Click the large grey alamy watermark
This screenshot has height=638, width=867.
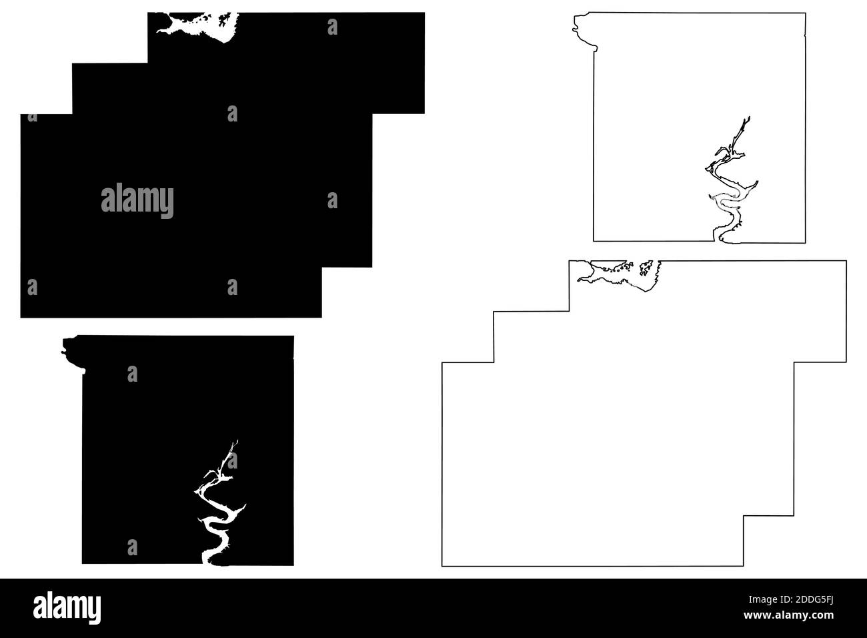tap(137, 200)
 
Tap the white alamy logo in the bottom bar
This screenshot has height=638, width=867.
tap(67, 607)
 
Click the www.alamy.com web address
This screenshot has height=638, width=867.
tap(788, 615)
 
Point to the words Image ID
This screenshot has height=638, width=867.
tap(768, 600)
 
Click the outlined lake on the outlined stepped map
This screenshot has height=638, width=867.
tap(620, 275)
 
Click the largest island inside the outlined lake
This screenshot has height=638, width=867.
tap(646, 268)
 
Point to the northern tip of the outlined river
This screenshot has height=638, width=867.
tap(750, 117)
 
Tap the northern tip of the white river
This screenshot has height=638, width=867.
tap(237, 441)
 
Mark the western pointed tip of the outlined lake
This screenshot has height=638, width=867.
tap(578, 280)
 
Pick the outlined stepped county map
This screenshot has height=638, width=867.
tap(442, 465)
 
